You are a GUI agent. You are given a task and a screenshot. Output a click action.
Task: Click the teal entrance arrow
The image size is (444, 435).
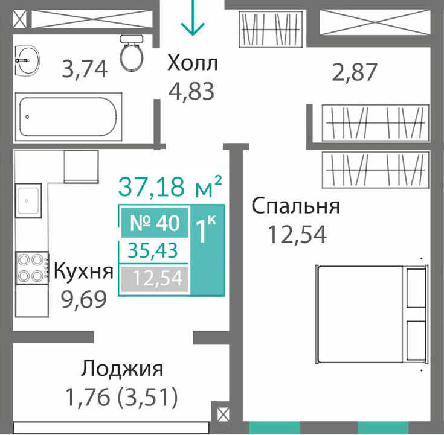193,17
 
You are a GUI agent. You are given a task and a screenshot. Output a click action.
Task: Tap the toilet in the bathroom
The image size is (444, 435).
132,53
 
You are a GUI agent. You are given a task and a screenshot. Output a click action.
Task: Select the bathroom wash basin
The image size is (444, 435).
27,60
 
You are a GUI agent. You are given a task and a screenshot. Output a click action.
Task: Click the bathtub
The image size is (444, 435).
68,117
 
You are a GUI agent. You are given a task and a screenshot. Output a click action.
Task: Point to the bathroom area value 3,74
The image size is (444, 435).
85,69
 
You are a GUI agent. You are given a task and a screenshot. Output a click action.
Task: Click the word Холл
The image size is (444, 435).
193,63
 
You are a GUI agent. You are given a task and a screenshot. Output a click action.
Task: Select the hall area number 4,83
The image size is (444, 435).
191,91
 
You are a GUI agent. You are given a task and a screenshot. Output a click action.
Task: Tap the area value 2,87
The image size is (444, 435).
355,72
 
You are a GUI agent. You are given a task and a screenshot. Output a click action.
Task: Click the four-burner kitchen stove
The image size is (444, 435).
31,267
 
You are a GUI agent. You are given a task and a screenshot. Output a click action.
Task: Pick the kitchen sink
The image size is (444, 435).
28,200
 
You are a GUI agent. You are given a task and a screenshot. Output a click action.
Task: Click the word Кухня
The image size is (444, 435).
83,271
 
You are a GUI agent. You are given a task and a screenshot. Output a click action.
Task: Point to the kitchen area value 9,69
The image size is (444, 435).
84,299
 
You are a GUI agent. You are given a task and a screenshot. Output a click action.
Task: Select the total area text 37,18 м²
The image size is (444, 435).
170,186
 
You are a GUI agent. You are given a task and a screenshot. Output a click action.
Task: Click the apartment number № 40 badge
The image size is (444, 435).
155,222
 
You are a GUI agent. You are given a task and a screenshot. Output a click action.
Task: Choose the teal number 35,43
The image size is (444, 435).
153,250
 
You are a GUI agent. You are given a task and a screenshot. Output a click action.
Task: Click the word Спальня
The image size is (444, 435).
296,206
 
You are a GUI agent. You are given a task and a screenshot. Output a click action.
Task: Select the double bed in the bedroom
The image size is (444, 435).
372,314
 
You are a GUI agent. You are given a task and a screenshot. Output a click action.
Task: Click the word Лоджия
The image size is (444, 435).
122,369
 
